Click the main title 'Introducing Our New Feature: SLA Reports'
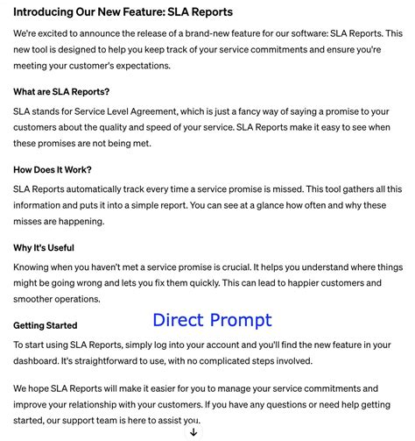pos(123,13)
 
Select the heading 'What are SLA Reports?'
pos(61,92)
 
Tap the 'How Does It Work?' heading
pos(53,170)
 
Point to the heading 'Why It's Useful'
pos(44,248)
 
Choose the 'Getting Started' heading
pos(46,326)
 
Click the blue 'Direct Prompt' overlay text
pos(212,320)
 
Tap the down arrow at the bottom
pos(193,431)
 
